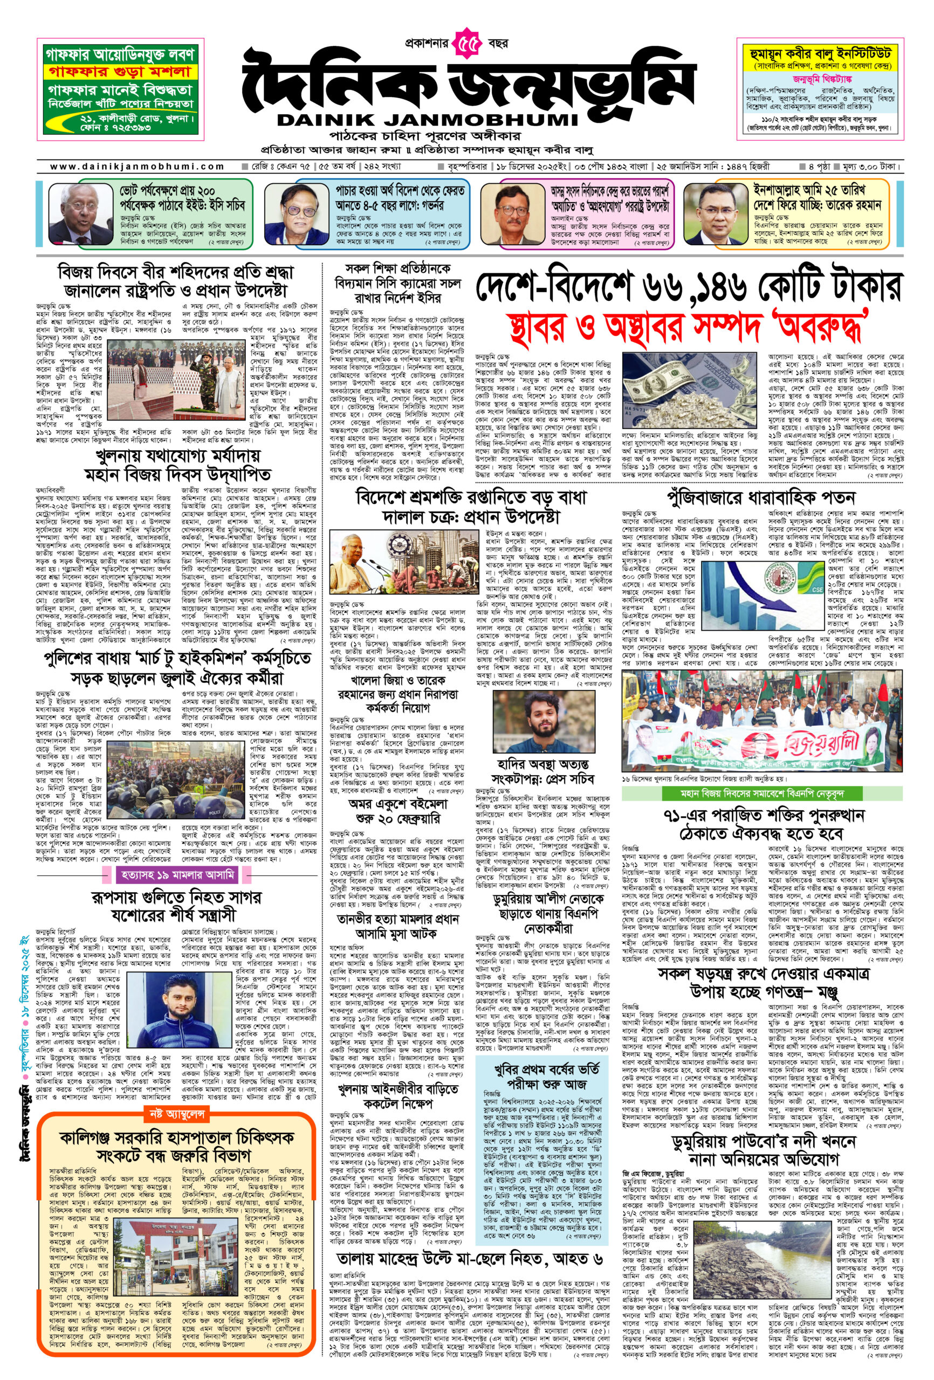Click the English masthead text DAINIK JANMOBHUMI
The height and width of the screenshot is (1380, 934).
(x=427, y=119)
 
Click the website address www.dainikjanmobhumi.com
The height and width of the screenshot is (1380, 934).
(x=138, y=167)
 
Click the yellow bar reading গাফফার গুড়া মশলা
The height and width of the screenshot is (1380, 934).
(x=119, y=72)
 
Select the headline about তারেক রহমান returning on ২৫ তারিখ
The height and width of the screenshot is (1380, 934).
(x=817, y=198)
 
